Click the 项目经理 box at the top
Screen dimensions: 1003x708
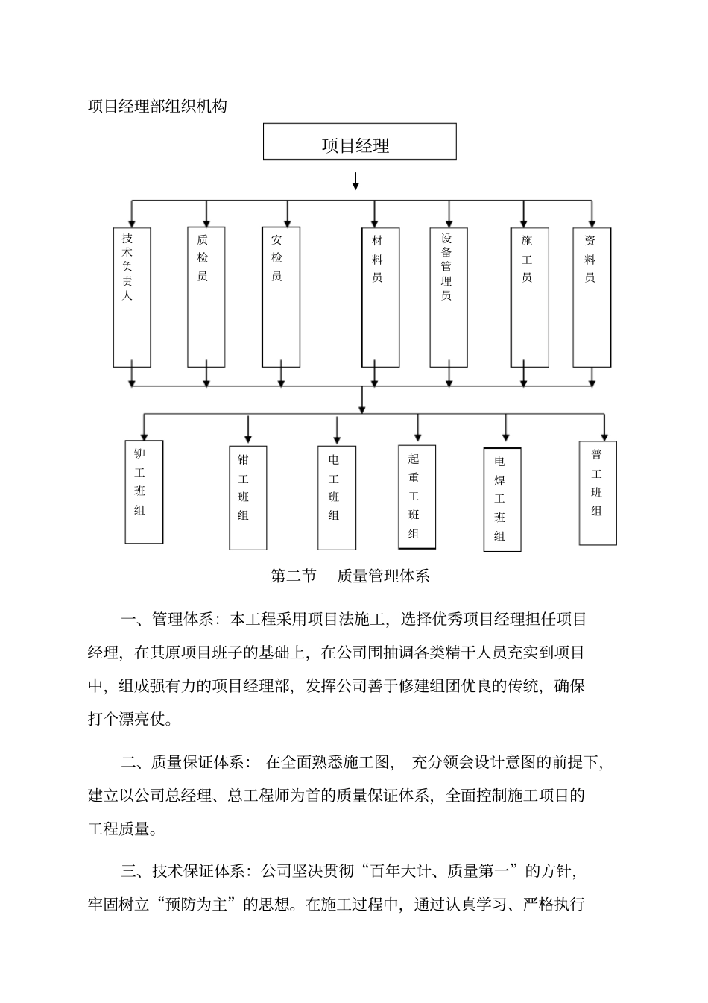[x=359, y=142]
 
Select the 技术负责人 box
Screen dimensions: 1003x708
[x=132, y=297]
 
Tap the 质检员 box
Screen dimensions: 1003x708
[x=206, y=297]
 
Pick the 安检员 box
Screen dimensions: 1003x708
[x=281, y=297]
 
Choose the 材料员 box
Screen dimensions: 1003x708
[x=380, y=297]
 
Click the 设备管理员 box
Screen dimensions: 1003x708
[x=449, y=297]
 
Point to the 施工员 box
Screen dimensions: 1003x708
[x=529, y=297]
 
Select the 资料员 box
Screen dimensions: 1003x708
[x=592, y=297]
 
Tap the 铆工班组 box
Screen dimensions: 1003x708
[x=144, y=491]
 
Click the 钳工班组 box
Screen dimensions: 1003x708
[x=247, y=497]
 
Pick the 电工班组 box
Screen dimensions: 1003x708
[x=337, y=497]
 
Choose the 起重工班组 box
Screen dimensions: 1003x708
[x=417, y=497]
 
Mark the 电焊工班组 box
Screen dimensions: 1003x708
[x=502, y=500]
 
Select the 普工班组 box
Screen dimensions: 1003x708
[x=598, y=493]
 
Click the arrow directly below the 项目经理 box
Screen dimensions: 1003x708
[x=355, y=180]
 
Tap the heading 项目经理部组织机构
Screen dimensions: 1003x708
[x=157, y=106]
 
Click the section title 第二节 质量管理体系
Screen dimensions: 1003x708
[x=350, y=576]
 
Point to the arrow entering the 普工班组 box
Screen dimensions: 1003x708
[x=604, y=428]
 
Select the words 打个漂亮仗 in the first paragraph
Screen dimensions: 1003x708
[x=130, y=719]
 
